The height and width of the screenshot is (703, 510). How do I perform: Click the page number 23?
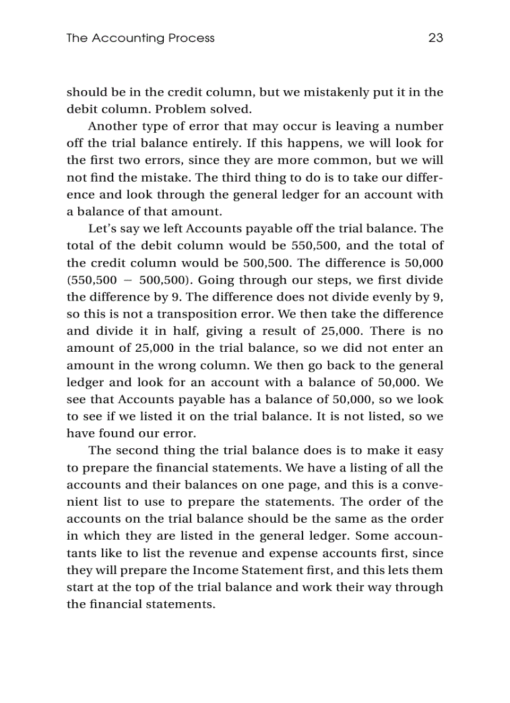pos(436,38)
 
